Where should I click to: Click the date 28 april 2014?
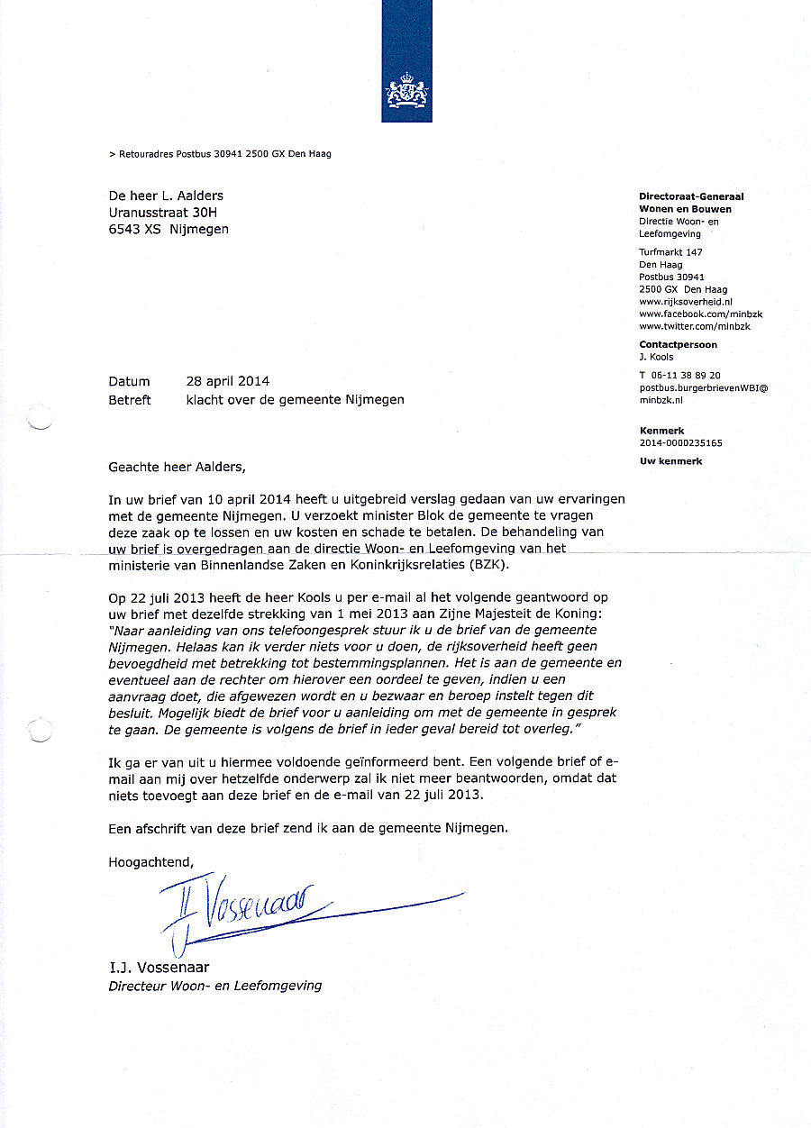pyautogui.click(x=227, y=381)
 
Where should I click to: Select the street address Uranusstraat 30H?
pyautogui.click(x=162, y=213)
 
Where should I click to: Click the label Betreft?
pyautogui.click(x=130, y=399)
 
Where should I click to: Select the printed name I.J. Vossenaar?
pyautogui.click(x=159, y=968)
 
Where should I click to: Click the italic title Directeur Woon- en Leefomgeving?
pyautogui.click(x=214, y=986)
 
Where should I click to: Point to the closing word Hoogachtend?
pyautogui.click(x=150, y=861)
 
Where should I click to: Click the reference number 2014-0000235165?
pyautogui.click(x=680, y=443)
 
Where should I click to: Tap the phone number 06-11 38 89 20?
pyautogui.click(x=684, y=375)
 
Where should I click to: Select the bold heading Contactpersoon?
pyautogui.click(x=679, y=344)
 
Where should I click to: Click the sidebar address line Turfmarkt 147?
pyautogui.click(x=670, y=252)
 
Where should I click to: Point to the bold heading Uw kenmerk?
pyautogui.click(x=670, y=461)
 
